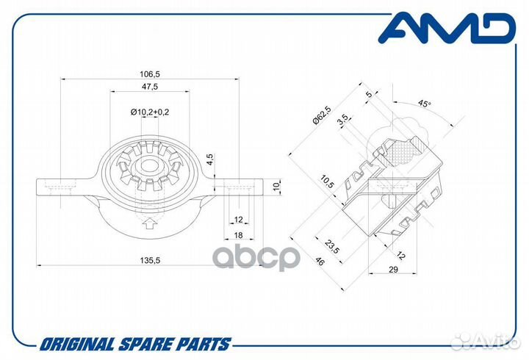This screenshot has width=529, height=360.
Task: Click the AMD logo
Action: (x=447, y=29)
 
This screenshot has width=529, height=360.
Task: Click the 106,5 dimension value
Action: (x=149, y=73)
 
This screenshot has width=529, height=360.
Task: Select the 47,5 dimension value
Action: (x=149, y=87)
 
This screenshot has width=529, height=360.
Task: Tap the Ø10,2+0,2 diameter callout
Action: (x=150, y=112)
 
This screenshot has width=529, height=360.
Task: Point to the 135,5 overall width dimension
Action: (x=150, y=260)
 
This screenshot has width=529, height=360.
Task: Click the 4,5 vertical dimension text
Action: (x=210, y=159)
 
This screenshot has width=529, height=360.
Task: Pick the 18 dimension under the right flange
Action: (x=238, y=235)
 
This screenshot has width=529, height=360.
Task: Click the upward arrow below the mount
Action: (x=148, y=223)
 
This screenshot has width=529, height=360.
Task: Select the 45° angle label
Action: (x=424, y=104)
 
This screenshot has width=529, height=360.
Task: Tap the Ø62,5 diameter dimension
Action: (x=322, y=115)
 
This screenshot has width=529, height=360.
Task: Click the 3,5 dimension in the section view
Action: (x=343, y=120)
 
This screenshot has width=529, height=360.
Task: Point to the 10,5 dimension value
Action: (x=327, y=182)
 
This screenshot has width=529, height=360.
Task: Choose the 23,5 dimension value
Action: (x=331, y=247)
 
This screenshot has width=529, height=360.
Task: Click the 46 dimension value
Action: (x=318, y=262)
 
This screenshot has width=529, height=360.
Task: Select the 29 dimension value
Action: (x=393, y=269)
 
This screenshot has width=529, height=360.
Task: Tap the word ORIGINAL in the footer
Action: (x=78, y=345)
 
